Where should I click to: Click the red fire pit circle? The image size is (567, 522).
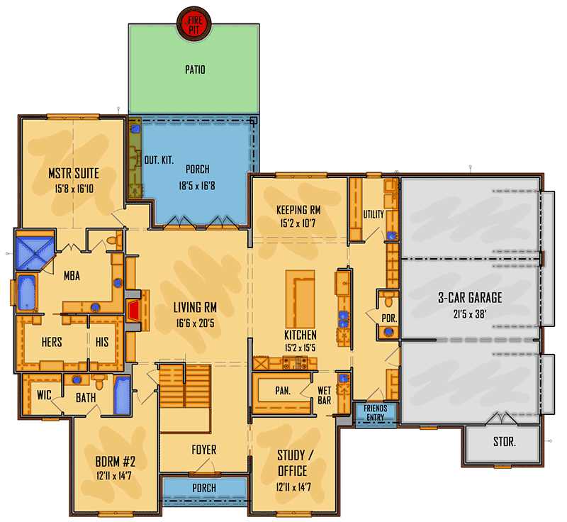point(194,24)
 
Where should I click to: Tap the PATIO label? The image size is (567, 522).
point(196,70)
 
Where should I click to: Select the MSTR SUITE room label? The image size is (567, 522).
point(74,173)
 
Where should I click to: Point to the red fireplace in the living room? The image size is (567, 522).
point(134,311)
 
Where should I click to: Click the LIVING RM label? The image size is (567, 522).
point(195,308)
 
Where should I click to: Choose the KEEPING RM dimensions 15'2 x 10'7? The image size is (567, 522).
point(298,223)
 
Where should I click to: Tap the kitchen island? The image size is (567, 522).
point(300,299)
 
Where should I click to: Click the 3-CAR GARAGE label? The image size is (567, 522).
point(470,298)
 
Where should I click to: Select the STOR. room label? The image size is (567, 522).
point(505,441)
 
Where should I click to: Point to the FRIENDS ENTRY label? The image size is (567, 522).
point(376,413)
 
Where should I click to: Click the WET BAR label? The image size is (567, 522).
point(325,395)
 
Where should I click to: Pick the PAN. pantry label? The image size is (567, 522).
point(283,391)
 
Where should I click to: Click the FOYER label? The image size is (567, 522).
point(204,450)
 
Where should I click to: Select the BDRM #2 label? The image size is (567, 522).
point(116,462)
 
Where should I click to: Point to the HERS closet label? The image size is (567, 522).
point(52,342)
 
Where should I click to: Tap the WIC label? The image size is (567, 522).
point(44,395)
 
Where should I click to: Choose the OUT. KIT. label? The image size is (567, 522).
point(159,160)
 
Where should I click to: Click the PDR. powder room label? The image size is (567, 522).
point(389,318)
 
